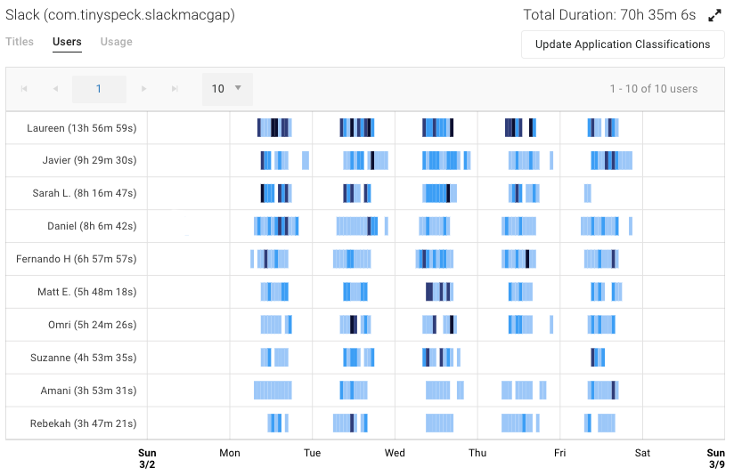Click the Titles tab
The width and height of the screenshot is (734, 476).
20,42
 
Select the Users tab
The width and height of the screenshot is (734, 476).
67,42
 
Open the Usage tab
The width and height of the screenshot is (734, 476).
116,42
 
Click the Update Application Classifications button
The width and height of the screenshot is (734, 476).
623,44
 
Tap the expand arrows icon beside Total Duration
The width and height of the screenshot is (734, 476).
714,15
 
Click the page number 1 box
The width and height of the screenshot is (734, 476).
99,89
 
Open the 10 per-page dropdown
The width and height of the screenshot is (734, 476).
227,89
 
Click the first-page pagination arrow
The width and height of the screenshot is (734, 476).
24,89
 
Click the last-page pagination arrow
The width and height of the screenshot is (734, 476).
175,89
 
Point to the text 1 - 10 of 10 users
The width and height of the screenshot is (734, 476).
653,89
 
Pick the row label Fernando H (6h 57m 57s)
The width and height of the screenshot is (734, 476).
77,259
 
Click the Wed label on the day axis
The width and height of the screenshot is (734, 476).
395,453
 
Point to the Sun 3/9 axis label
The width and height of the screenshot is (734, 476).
715,458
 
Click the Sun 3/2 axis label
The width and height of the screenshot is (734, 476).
147,458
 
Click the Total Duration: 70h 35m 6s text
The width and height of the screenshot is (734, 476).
610,15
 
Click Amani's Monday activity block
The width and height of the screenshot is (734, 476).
273,391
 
